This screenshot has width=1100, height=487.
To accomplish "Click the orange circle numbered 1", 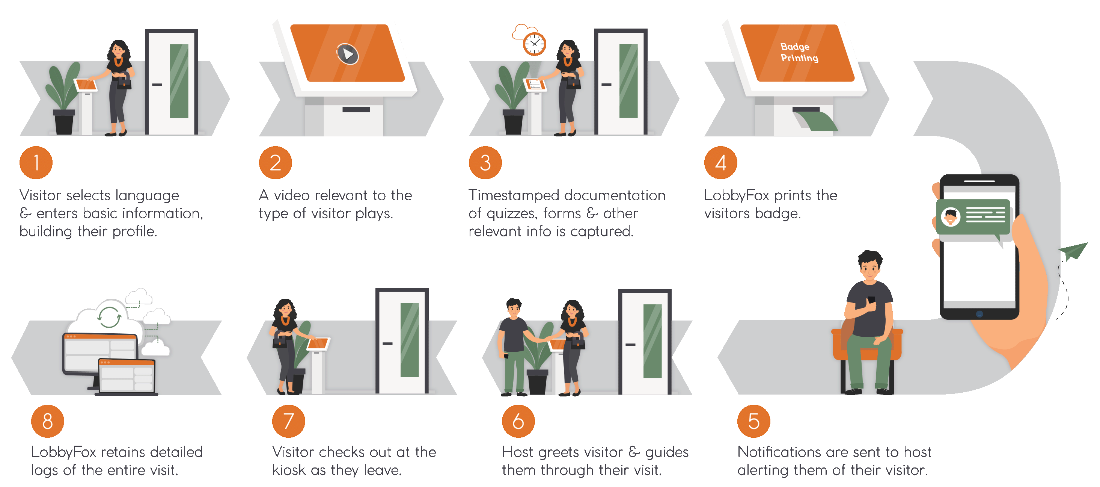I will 36,162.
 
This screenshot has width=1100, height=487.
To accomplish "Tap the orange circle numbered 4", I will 720,162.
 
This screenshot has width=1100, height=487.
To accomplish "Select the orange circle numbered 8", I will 47,421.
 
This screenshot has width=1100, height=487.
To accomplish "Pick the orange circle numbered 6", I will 518,421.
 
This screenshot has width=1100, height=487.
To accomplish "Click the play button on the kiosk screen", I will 348,54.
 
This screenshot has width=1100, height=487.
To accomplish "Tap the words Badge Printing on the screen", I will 799,52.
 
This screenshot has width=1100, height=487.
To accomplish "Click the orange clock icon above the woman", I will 534,44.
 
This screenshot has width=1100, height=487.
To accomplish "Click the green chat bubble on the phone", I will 973,217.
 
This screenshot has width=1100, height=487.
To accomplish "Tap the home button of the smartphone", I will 979,314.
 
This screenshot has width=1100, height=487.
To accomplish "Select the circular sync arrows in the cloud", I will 109,317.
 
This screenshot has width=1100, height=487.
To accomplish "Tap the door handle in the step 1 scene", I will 157,85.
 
